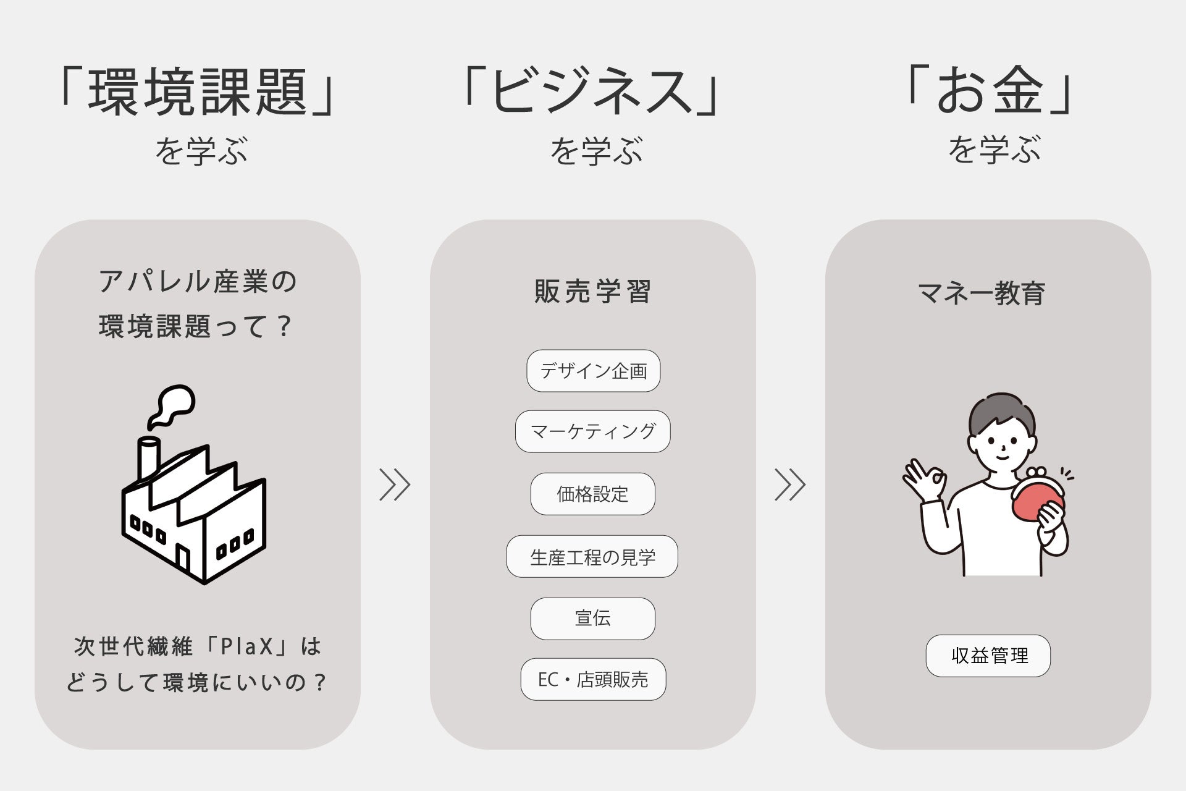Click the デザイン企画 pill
coord(593,371)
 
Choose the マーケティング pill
coord(592,431)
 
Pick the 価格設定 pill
coord(592,494)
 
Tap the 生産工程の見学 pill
coord(592,557)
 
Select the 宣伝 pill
coord(592,618)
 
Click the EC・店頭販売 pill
coord(593,679)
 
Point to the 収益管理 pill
coord(988,656)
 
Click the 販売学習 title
coord(592,292)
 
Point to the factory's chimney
coord(148,457)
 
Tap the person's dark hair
coord(1001,411)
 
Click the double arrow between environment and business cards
coord(395,484)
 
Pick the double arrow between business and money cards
coord(790,484)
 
